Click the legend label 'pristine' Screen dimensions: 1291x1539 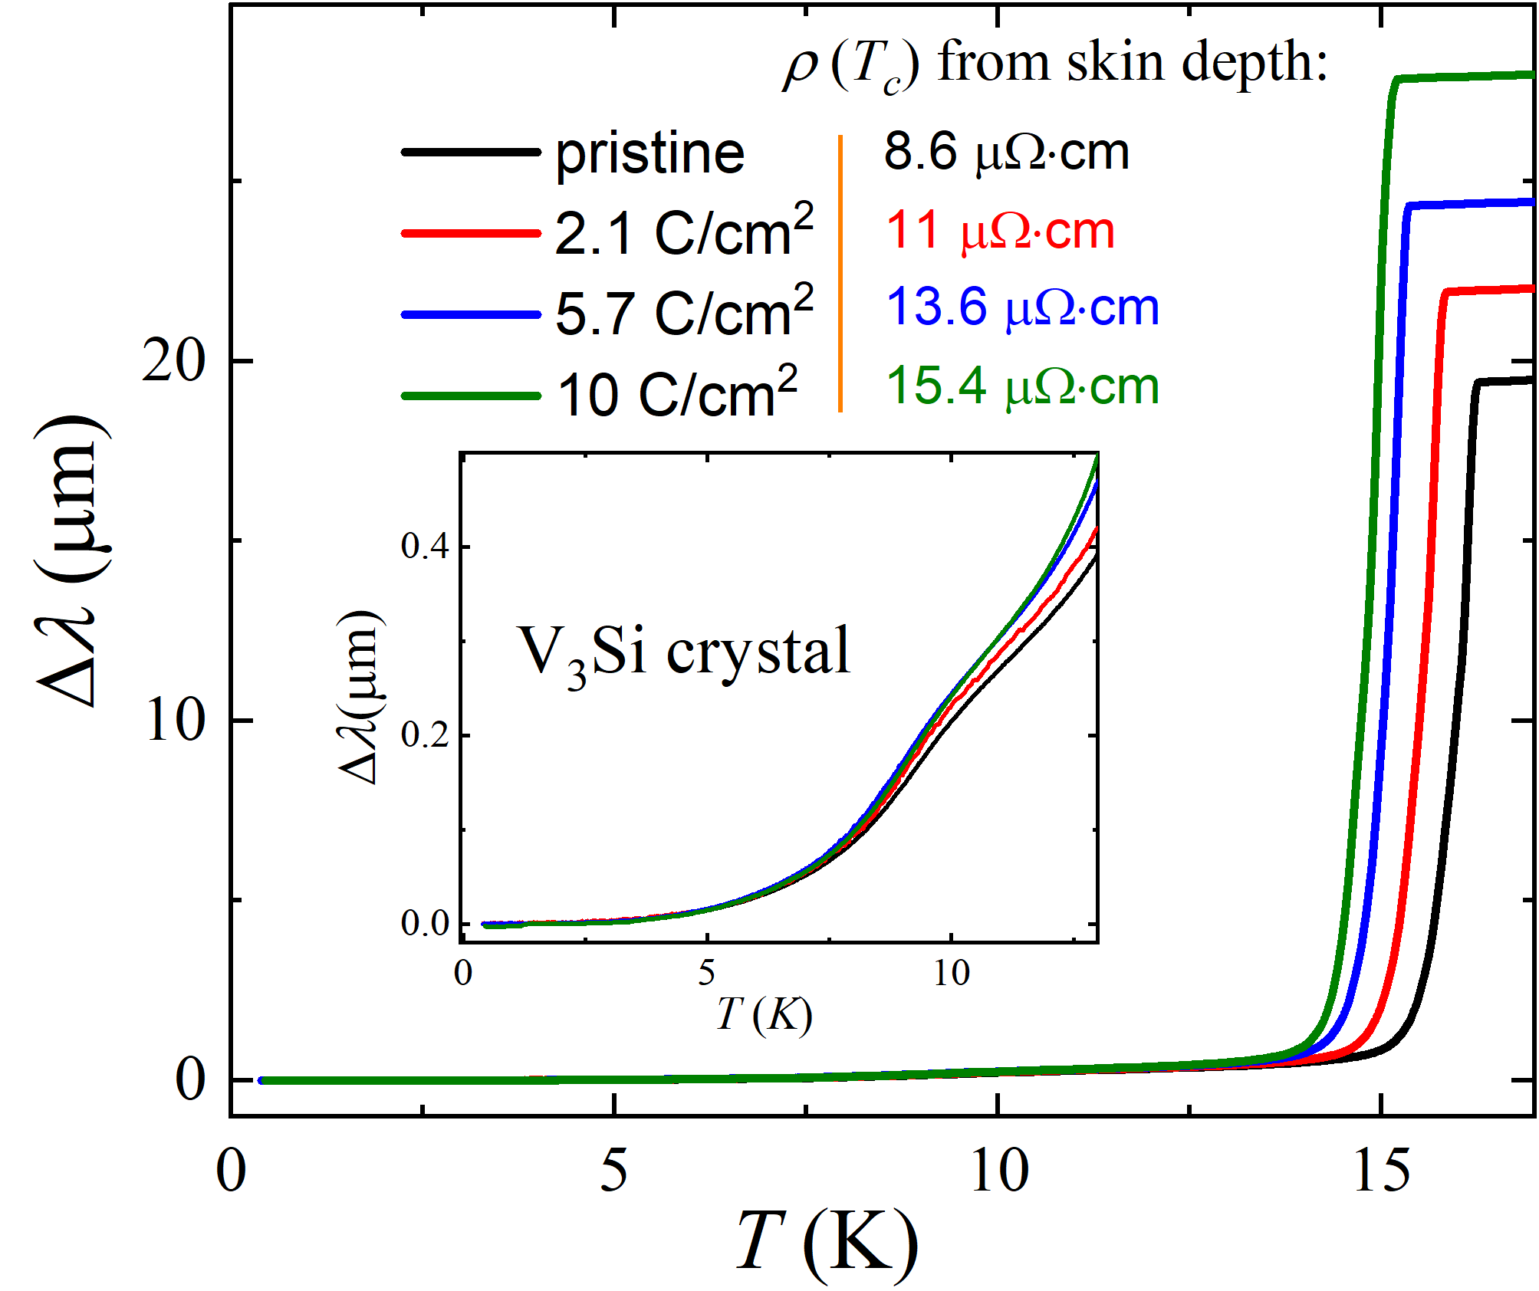tap(649, 154)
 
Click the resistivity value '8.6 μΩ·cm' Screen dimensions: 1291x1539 tap(1006, 153)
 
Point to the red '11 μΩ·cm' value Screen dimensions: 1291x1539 tap(999, 231)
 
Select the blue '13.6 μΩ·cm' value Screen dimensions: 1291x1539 tap(1022, 308)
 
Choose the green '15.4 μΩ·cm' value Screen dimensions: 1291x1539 tap(1022, 386)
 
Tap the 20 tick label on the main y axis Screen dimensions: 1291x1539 tap(174, 361)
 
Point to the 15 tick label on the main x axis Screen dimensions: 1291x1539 tap(1381, 1172)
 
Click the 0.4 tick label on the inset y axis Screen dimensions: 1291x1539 tap(425, 547)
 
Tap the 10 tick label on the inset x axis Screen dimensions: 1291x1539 tap(951, 974)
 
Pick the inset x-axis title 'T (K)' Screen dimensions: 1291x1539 tap(764, 1015)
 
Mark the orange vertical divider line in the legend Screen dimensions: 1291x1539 tap(840, 273)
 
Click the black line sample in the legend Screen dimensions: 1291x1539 tap(471, 152)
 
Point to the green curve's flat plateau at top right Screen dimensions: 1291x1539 tap(1465, 77)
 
